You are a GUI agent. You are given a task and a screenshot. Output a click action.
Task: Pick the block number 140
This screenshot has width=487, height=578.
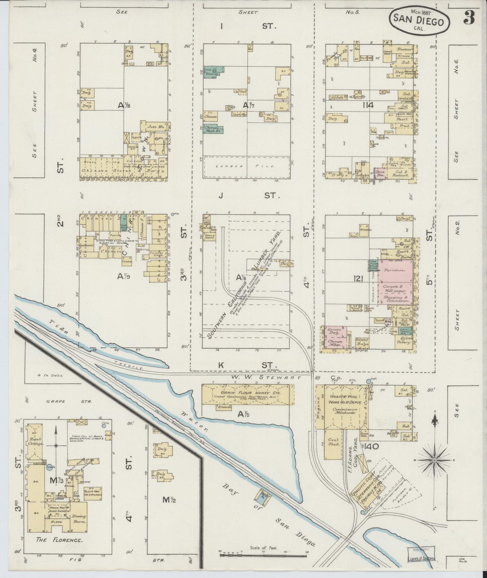click(x=372, y=446)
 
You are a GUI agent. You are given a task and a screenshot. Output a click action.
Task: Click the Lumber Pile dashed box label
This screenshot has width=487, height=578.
click(x=246, y=166)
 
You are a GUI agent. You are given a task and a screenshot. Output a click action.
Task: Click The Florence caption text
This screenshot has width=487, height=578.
click(x=59, y=540)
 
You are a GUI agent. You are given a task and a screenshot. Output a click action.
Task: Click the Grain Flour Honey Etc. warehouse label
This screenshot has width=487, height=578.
click(x=247, y=393)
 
